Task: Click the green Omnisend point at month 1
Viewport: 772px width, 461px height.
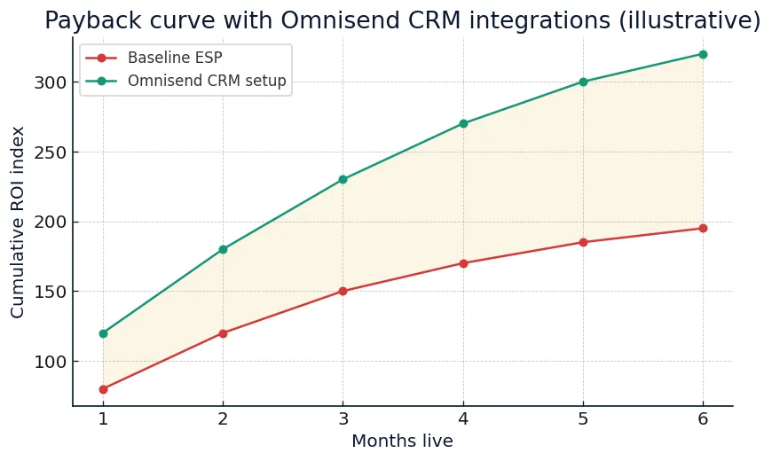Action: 103,333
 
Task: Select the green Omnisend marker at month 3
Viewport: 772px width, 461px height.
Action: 343,180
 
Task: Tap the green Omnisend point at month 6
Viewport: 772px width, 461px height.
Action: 703,54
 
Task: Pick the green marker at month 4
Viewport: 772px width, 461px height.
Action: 463,123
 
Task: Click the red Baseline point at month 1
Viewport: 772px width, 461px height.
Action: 103,389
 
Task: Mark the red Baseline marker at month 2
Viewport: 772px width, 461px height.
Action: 223,333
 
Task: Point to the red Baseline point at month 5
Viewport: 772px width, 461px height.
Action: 583,242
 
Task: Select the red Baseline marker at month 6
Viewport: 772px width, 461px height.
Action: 703,228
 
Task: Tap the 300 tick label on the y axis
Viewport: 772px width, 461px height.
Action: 50,82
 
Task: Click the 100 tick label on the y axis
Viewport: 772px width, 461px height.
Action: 50,362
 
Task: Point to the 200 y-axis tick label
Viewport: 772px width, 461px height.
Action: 50,223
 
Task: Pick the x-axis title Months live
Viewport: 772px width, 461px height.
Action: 402,441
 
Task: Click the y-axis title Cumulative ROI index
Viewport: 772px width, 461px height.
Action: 18,222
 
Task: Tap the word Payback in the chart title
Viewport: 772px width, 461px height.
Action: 85,20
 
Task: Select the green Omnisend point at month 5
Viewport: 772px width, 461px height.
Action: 583,82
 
